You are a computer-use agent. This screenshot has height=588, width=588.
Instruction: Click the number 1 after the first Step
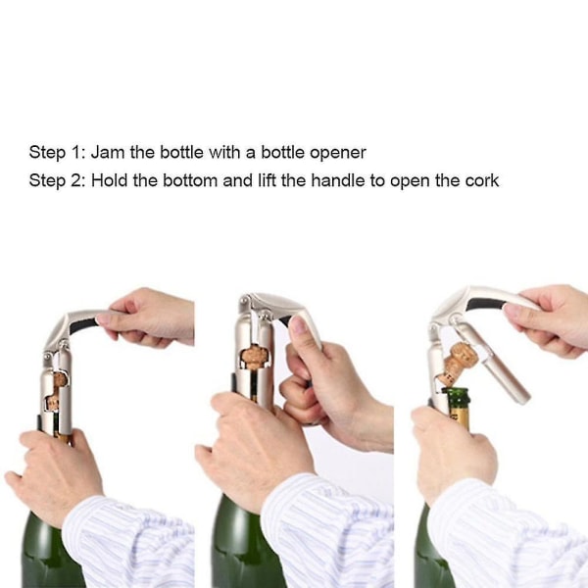[73, 152]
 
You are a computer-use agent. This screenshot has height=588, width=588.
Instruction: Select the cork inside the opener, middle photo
[252, 357]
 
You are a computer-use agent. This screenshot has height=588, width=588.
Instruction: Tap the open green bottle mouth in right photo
[456, 391]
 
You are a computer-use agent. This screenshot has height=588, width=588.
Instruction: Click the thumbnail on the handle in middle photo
[299, 325]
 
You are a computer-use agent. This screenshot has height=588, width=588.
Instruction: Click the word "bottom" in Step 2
[190, 180]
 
